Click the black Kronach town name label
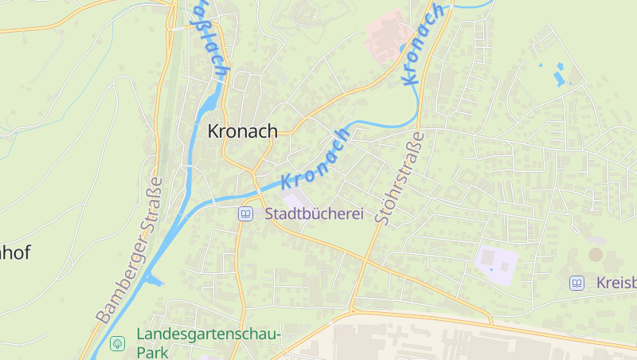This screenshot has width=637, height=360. tap(243, 131)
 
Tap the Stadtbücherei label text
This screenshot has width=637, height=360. tap(314, 213)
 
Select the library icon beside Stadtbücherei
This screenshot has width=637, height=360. tap(246, 213)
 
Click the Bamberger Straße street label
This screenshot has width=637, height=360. tap(130, 249)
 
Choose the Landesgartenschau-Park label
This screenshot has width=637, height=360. tap(209, 343)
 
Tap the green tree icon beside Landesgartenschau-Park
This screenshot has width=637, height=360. tap(118, 343)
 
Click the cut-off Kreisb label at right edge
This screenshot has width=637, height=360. tap(615, 283)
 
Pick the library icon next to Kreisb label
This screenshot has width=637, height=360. tap(576, 283)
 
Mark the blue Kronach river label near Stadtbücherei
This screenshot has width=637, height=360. tap(316, 158)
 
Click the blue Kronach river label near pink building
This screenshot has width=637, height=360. tap(423, 45)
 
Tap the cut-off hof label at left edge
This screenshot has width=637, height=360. tap(15, 253)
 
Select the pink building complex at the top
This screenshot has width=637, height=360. tap(390, 33)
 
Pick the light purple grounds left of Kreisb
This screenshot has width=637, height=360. tap(496, 260)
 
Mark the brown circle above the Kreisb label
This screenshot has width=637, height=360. tap(596, 254)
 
